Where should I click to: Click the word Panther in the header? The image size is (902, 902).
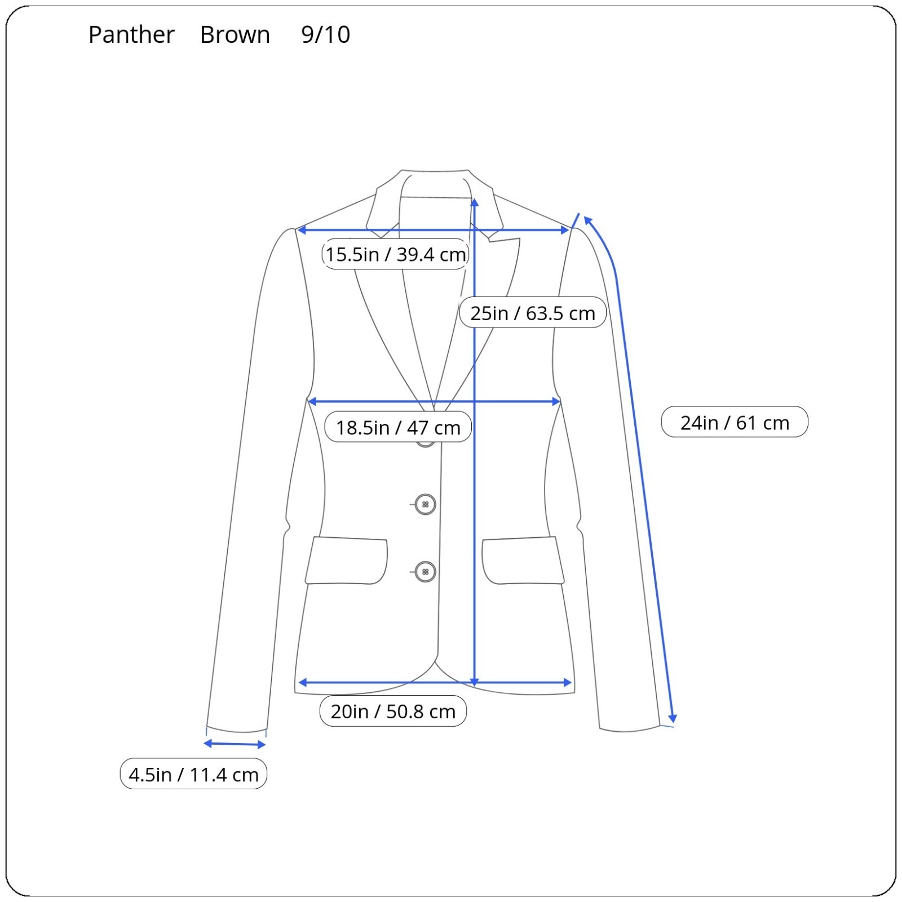[x=131, y=35]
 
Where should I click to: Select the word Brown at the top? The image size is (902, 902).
[x=235, y=35]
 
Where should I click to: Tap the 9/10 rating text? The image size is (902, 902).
[x=325, y=35]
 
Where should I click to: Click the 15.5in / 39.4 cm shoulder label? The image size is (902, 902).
[x=395, y=254]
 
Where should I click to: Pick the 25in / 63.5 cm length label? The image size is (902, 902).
[x=533, y=313]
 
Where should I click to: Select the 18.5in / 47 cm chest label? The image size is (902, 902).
[x=398, y=427]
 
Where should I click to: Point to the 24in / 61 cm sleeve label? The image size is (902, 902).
[x=735, y=422]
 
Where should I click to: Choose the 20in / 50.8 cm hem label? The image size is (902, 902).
[x=393, y=711]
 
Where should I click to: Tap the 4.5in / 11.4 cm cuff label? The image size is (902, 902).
[x=193, y=774]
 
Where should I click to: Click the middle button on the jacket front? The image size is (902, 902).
[x=425, y=505]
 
